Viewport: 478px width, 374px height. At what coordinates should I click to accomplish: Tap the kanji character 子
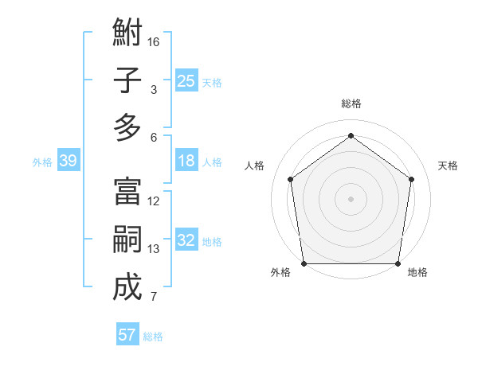pyautogui.click(x=127, y=80)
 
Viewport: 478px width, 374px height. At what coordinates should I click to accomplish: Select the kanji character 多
pyautogui.click(x=127, y=127)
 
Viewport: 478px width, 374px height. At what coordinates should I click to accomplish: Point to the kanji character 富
pyautogui.click(x=127, y=192)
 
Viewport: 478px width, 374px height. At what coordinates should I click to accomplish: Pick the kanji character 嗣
pyautogui.click(x=127, y=240)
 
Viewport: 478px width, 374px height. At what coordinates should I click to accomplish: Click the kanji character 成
pyautogui.click(x=127, y=287)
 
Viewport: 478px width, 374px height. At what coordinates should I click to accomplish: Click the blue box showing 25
pyautogui.click(x=186, y=80)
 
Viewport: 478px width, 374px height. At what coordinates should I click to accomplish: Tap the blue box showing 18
pyautogui.click(x=186, y=161)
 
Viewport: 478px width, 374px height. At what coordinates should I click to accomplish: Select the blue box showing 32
pyautogui.click(x=186, y=240)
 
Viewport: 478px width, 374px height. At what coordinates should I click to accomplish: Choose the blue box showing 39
pyautogui.click(x=69, y=161)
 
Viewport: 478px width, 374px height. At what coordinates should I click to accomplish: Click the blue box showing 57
pyautogui.click(x=127, y=335)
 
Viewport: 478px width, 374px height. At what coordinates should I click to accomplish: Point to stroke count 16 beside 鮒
pyautogui.click(x=154, y=41)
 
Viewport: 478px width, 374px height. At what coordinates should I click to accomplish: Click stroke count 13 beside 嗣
pyautogui.click(x=154, y=249)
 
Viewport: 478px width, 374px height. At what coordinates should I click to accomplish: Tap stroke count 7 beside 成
pyautogui.click(x=154, y=297)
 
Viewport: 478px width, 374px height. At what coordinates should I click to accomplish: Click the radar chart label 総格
pyautogui.click(x=351, y=103)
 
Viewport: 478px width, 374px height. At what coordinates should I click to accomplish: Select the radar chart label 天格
pyautogui.click(x=448, y=166)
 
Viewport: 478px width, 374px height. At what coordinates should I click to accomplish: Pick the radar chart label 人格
pyautogui.click(x=255, y=166)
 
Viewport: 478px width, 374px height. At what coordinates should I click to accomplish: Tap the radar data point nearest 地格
pyautogui.click(x=398, y=263)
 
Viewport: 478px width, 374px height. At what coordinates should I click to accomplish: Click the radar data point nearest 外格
pyautogui.click(x=304, y=263)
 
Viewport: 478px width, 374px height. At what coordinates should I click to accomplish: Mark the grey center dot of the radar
pyautogui.click(x=351, y=198)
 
